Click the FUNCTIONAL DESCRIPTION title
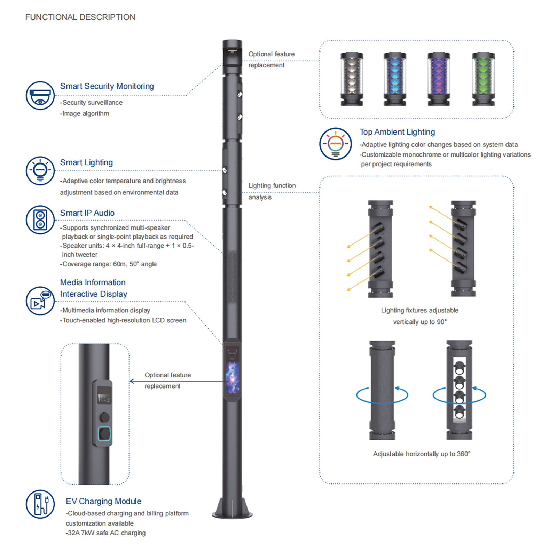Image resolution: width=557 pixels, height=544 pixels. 80,17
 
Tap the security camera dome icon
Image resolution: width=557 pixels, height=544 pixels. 40,96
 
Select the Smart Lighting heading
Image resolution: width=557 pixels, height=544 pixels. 86,162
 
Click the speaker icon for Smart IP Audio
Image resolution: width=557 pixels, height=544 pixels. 40,220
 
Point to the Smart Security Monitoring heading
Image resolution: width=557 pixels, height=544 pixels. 107,86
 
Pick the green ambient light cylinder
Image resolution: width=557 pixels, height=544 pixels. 483,79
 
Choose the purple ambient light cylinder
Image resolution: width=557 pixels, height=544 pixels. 439,79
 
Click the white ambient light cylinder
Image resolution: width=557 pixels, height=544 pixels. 352,79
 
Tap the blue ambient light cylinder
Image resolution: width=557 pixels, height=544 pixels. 395,79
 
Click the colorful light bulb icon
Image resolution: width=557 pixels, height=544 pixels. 336,144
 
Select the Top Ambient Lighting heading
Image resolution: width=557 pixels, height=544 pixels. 397,132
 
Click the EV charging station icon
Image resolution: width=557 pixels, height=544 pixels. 40,504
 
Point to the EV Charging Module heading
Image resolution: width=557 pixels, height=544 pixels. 103,501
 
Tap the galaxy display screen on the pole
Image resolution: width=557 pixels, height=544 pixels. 232,377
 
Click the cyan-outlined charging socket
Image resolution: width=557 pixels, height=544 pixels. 104,434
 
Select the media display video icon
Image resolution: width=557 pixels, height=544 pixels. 40,301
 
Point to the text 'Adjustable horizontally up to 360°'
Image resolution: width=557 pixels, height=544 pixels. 422,454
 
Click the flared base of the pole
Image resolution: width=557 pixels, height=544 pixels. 232,508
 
